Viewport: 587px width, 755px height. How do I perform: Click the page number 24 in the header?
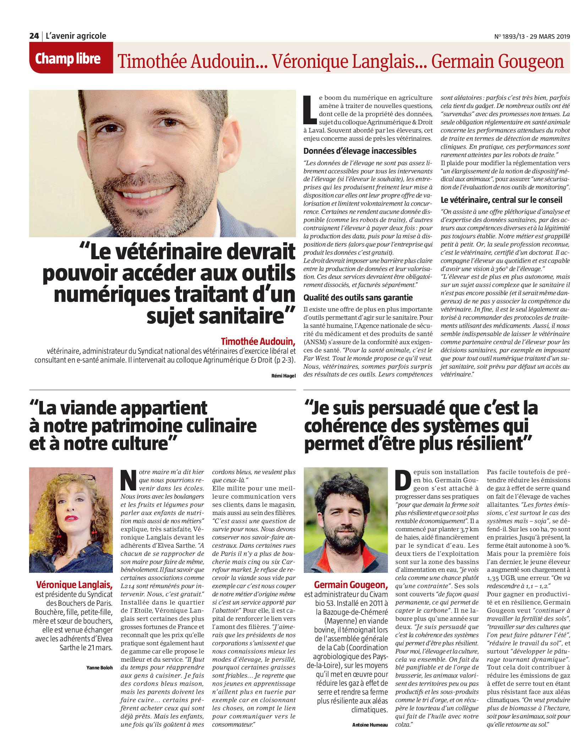[x=34, y=36]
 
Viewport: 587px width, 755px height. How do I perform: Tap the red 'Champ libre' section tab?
[x=67, y=59]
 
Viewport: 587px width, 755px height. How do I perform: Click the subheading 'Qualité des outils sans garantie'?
[x=358, y=298]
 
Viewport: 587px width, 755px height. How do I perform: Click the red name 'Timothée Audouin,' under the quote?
[x=258, y=342]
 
